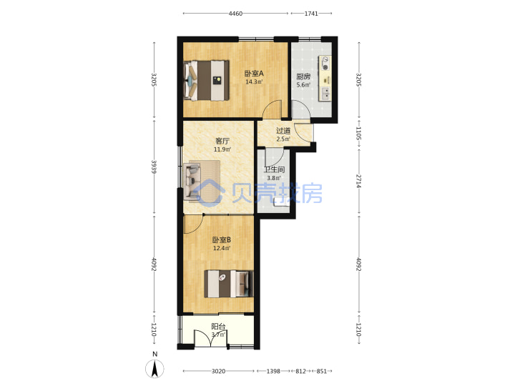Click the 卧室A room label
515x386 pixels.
point(254,74)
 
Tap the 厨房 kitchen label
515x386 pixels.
point(303,76)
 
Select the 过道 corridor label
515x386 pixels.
point(283,131)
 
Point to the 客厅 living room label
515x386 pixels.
point(222,141)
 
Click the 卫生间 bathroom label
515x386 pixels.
point(274,169)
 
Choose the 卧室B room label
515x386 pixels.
point(221,240)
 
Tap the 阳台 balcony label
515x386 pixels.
point(218,327)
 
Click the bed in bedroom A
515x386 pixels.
point(207,80)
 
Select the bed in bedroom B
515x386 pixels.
point(229,284)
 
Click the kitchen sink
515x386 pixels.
point(326,94)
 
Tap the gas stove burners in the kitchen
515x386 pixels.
point(325,64)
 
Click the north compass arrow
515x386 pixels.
point(154,368)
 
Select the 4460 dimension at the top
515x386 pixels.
point(235,14)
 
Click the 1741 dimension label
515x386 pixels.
point(311,14)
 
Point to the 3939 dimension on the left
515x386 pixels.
point(154,167)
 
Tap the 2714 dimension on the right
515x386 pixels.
point(358,181)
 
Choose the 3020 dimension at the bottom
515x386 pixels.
point(218,371)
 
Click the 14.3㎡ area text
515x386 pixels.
point(254,82)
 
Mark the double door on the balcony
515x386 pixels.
point(210,338)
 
